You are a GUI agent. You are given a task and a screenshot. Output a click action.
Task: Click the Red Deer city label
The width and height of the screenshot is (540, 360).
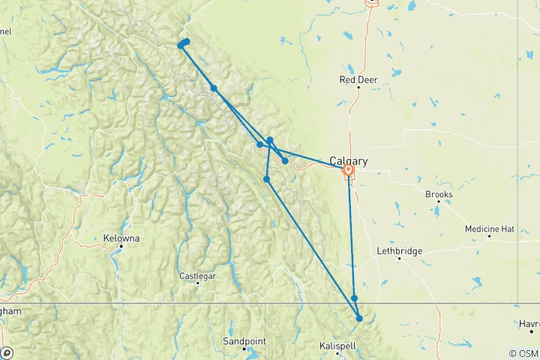point(358,79)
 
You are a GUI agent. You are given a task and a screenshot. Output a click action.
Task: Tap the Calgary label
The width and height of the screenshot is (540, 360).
point(348,160)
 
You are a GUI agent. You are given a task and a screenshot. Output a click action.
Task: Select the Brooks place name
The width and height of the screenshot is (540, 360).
point(439,195)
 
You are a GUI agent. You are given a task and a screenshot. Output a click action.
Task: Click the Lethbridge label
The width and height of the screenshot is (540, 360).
point(399,251)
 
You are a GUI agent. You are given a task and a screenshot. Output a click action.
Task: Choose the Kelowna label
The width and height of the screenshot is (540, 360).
point(121,239)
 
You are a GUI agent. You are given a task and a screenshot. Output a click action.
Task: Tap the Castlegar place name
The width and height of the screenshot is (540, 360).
point(198,276)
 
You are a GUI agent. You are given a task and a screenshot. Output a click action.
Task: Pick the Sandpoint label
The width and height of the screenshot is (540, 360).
point(244,341)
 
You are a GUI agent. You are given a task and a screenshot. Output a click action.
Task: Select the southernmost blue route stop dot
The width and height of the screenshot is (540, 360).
point(360,319)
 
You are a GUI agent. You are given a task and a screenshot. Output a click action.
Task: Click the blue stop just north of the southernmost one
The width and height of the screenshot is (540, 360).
point(355,298)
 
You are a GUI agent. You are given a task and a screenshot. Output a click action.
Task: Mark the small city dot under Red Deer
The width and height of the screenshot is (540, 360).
point(358,88)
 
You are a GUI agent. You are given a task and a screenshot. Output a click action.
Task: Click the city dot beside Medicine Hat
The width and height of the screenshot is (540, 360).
point(489,237)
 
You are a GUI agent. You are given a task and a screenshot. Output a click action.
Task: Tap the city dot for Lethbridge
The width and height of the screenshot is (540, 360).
point(399,259)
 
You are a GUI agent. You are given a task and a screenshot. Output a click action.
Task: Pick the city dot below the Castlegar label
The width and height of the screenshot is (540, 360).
point(197,283)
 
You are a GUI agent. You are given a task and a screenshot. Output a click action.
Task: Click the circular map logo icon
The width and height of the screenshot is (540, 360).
point(7,353)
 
